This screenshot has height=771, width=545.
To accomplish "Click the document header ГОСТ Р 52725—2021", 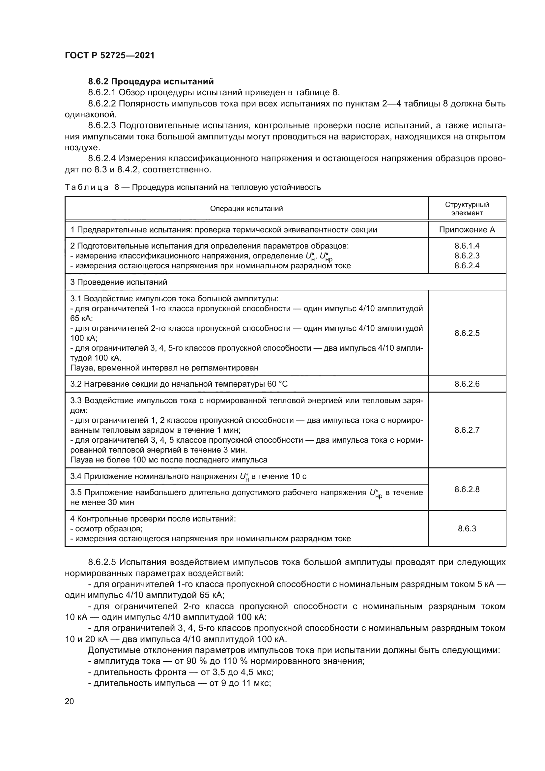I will tap(110, 56).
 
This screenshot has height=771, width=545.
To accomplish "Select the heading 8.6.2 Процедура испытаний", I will tap(151, 82).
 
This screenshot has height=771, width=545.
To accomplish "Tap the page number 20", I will tap(70, 701).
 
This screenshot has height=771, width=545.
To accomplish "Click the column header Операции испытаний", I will tap(246, 209).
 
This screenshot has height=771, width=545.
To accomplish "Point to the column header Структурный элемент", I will tap(467, 209).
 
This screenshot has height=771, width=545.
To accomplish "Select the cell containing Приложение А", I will tap(467, 230).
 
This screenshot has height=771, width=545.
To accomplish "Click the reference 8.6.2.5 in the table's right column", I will tap(467, 333).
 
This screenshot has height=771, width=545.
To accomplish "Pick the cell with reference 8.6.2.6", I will tap(467, 384).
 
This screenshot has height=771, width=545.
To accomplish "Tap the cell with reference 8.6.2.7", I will tap(467, 430).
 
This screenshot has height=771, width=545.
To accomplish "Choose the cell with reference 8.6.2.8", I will tap(467, 489).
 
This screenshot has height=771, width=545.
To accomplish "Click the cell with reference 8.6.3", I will tap(467, 529).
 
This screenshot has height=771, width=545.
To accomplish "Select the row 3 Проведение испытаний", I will tap(119, 282).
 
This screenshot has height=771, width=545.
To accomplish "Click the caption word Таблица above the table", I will tap(87, 187).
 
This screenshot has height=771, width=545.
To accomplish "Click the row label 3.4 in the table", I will tap(76, 477).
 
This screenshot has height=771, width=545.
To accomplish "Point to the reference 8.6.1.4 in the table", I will tap(467, 246).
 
